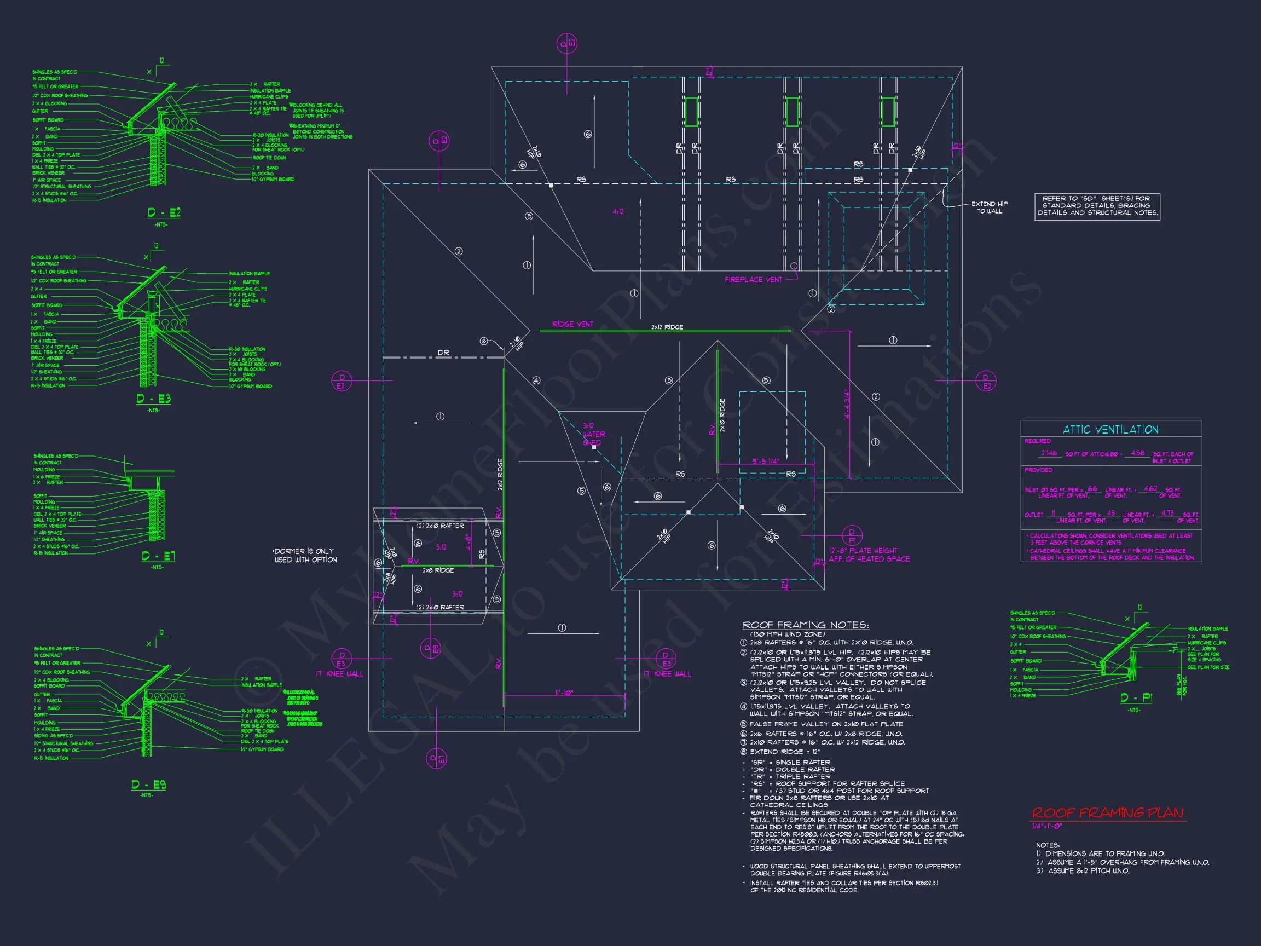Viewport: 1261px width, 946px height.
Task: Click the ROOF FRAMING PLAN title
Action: coord(1108,813)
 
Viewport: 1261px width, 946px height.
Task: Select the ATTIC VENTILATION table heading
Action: coord(1110,430)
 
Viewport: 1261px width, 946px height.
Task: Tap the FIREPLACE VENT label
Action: coord(753,279)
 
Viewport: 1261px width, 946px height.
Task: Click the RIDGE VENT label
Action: coord(572,324)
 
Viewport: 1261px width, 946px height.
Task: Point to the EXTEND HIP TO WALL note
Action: coord(990,207)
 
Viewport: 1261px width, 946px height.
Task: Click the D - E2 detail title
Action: coord(164,213)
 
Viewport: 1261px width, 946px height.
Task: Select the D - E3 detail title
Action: coord(153,399)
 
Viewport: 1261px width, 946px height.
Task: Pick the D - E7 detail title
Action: coord(159,556)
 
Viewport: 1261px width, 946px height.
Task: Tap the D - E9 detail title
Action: coord(148,785)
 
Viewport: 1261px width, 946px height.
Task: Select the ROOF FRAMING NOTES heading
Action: coord(806,626)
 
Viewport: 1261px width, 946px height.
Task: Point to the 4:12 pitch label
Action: coord(618,211)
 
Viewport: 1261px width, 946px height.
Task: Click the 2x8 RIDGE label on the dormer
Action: coord(438,570)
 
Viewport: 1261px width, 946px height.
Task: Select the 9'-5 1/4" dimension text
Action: coord(766,462)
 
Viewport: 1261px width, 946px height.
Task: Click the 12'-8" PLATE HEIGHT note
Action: coord(869,555)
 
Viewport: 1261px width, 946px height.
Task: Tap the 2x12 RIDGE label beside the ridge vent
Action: coord(667,327)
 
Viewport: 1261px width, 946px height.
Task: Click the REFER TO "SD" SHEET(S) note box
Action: coord(1097,206)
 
